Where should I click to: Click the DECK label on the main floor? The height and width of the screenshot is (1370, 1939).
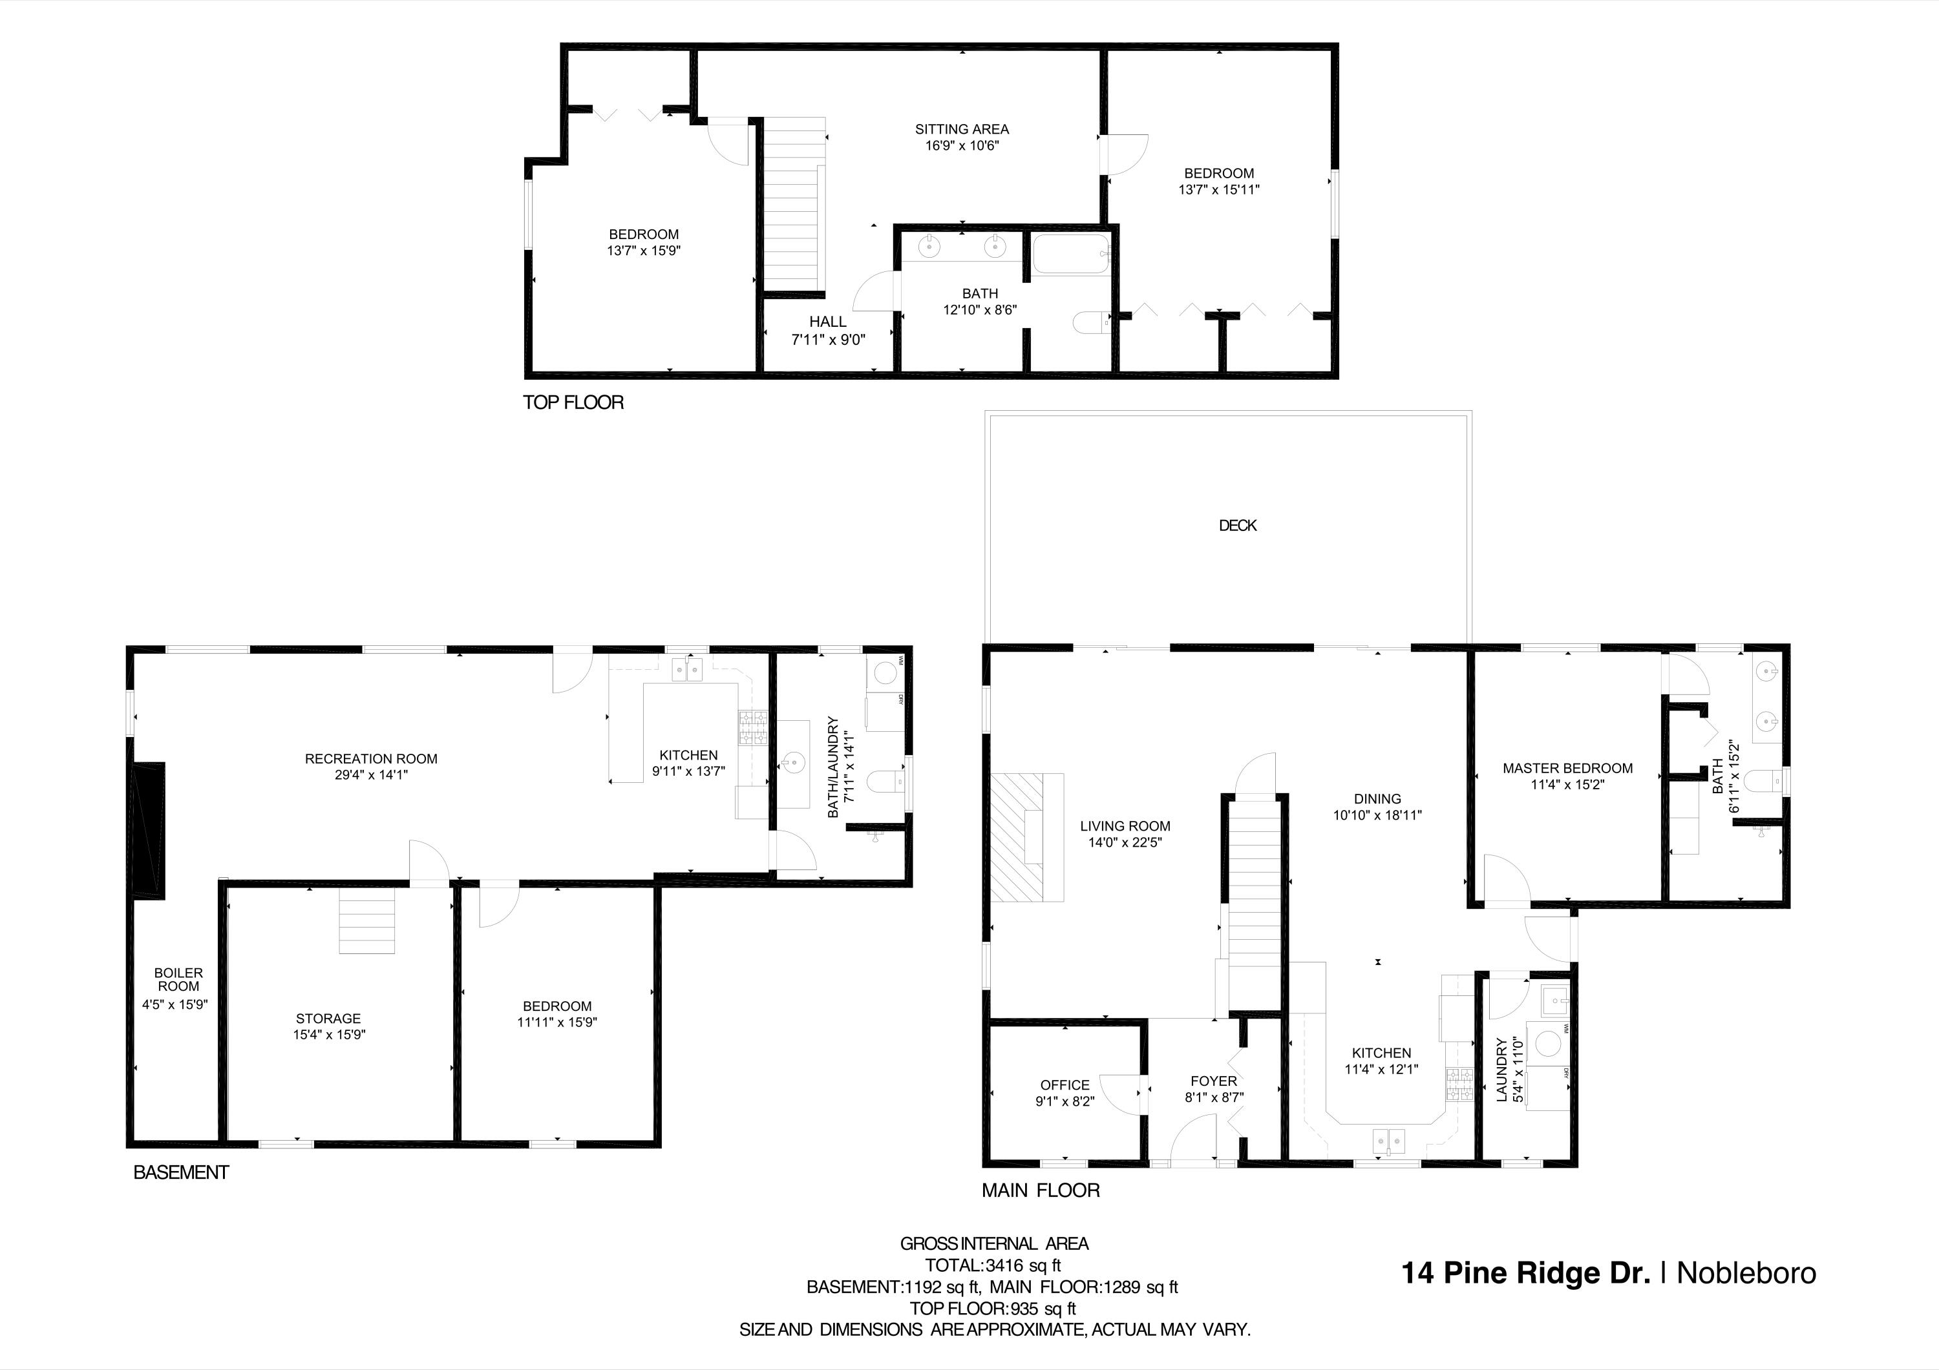[x=1237, y=525]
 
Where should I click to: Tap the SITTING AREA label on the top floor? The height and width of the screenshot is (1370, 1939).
[x=962, y=129]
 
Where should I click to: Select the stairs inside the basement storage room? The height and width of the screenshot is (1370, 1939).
[x=366, y=922]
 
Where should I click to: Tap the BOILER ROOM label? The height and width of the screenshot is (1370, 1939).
[x=178, y=979]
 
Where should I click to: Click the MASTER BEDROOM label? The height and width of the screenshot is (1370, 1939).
[x=1567, y=768]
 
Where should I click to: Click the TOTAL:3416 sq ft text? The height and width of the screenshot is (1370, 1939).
[x=993, y=1265]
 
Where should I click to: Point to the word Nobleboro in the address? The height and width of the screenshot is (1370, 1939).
[x=1746, y=1273]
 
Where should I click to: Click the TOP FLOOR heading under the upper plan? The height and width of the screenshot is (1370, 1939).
[x=573, y=402]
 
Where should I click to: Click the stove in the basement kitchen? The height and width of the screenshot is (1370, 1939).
[x=754, y=727]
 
